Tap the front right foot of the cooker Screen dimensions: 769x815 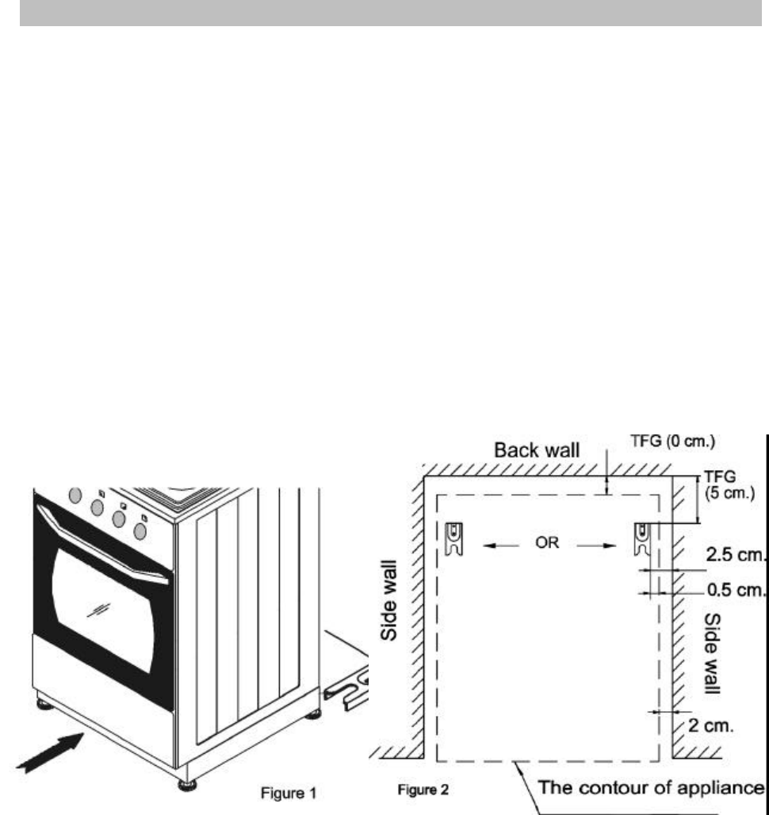coord(188,785)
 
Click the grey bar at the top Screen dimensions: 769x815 coord(384,13)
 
